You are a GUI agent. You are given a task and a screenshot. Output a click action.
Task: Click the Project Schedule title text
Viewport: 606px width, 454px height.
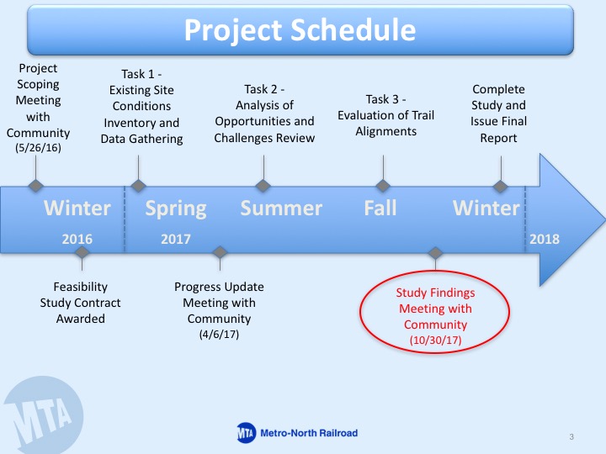[300, 30]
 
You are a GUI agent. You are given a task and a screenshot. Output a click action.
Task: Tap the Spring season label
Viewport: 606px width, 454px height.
[176, 209]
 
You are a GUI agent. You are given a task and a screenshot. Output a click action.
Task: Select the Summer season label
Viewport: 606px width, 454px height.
[281, 209]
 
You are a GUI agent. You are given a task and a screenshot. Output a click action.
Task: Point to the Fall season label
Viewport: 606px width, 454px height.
[380, 208]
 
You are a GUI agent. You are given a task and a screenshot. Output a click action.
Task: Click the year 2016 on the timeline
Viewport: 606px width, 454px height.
[77, 239]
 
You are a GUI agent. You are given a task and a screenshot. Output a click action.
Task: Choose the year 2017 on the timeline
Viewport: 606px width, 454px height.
[176, 239]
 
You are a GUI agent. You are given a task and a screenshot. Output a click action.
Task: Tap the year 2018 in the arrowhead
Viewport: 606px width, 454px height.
[545, 239]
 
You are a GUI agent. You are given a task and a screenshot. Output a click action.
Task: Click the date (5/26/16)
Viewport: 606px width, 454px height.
[38, 148]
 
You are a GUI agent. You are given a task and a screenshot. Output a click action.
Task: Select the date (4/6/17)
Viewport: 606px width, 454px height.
[219, 334]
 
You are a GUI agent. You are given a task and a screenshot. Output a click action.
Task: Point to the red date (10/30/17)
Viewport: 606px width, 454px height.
[436, 340]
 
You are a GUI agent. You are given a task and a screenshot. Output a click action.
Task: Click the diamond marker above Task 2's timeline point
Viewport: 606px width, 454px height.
[263, 186]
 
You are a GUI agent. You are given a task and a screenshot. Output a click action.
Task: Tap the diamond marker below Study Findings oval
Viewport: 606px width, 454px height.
[436, 253]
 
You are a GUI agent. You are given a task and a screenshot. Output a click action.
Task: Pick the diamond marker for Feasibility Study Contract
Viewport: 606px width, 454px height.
[82, 252]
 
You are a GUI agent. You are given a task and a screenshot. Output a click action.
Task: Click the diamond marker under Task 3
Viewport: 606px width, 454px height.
[383, 186]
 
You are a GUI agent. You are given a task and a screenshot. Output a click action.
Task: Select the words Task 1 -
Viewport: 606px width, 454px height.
[141, 74]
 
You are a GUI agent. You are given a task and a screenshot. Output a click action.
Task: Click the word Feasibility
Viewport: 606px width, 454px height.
[81, 287]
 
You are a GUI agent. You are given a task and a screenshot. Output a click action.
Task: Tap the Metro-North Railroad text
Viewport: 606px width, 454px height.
[309, 433]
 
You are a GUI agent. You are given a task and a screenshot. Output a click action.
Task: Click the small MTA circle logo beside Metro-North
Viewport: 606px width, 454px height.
[246, 433]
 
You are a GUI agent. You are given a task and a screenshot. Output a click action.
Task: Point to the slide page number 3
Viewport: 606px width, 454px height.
[571, 436]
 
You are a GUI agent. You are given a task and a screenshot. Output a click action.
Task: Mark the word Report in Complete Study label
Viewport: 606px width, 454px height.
[498, 138]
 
